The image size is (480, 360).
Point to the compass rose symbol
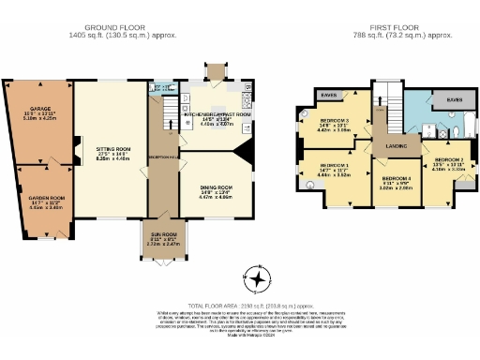tap(255, 278)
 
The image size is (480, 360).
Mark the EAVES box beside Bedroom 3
tap(328, 96)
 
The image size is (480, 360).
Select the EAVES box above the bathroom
tap(454, 98)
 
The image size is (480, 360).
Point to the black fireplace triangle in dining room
tap(238, 153)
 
